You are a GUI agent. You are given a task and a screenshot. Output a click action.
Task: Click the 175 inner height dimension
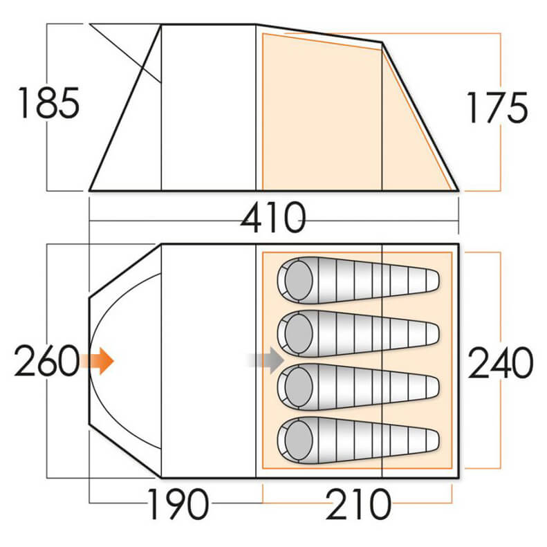(497, 107)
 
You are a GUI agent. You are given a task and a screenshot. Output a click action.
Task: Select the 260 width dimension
(46, 362)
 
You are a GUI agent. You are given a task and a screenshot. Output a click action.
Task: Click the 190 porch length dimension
(177, 506)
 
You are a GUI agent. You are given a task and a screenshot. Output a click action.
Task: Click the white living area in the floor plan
(207, 360)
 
